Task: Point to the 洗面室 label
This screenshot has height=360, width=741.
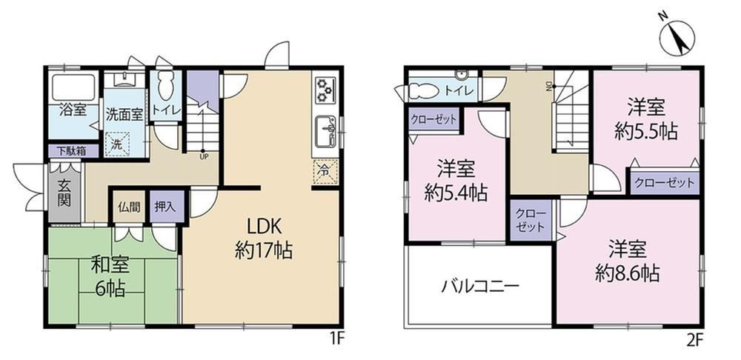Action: point(124,116)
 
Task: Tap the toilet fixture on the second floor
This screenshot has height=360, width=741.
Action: point(424,91)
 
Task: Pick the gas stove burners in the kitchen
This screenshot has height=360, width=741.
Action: point(325,90)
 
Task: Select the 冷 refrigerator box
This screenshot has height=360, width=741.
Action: point(325,172)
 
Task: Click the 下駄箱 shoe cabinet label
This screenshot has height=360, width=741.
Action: point(73,151)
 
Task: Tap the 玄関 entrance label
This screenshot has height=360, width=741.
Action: point(64,193)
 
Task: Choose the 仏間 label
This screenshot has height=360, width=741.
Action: point(129,207)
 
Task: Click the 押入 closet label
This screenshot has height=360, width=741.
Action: point(166,207)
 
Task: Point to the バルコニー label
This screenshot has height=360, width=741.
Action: point(481,287)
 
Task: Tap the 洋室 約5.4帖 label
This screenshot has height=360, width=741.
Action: point(456,181)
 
